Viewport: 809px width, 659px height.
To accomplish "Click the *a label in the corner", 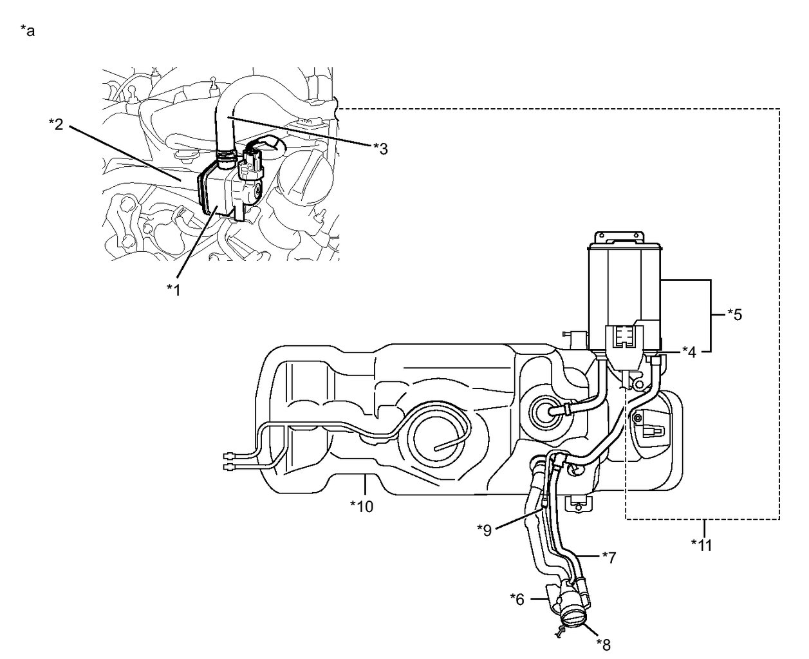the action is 27,31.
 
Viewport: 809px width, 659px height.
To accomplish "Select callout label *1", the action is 174,290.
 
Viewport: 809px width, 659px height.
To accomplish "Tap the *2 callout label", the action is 56,124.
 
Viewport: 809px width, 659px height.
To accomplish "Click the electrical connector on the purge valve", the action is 250,164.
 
